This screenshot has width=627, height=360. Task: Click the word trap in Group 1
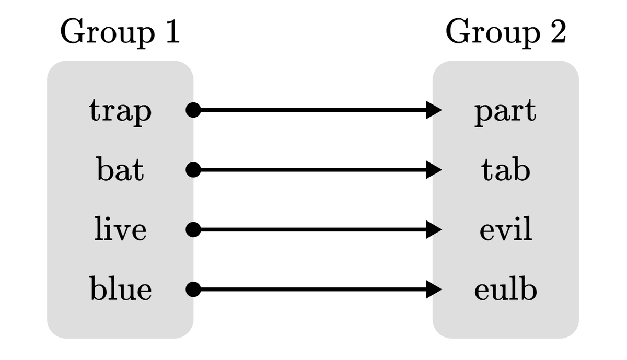pos(120,111)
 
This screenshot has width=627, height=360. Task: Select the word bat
pos(120,170)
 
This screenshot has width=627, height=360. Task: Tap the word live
pos(120,230)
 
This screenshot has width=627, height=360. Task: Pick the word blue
pos(120,289)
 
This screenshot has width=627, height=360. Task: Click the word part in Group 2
pos(505,111)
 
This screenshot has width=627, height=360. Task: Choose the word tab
pos(505,170)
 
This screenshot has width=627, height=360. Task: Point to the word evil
pos(505,230)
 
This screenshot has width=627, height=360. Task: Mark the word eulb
pos(505,289)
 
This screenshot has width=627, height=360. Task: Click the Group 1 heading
pos(120,33)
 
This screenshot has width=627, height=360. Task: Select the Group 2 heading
pos(505,33)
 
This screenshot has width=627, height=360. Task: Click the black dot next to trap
pos(193,110)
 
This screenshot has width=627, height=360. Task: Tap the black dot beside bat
pos(193,169)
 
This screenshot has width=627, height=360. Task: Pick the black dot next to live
pos(193,229)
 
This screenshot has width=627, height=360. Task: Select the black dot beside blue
pos(193,288)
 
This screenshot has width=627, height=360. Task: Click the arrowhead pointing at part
pos(435,110)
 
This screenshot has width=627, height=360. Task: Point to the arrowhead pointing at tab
pos(435,169)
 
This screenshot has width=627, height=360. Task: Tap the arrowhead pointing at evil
pos(435,229)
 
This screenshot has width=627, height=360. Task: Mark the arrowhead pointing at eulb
pos(435,288)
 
